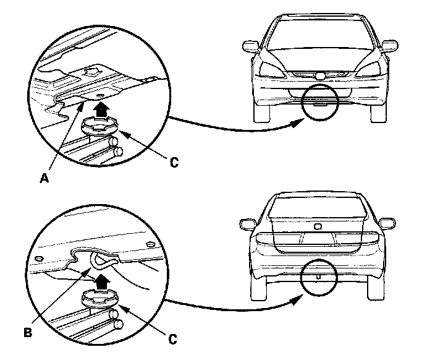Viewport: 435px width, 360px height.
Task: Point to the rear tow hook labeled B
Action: (101, 260)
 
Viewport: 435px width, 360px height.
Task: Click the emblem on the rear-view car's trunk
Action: (318, 226)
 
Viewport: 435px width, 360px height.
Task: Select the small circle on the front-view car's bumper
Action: (318, 103)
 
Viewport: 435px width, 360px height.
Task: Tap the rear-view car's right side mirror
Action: (387, 221)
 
